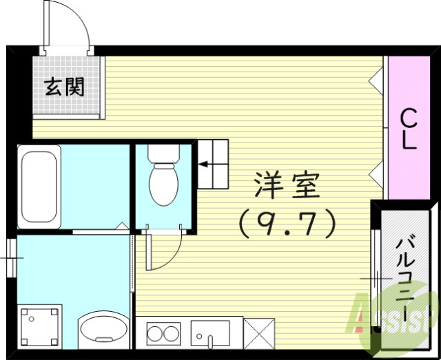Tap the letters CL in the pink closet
pyautogui.click(x=409, y=129)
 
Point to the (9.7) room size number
pyautogui.click(x=287, y=222)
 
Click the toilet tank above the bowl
pyautogui.click(x=164, y=155)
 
